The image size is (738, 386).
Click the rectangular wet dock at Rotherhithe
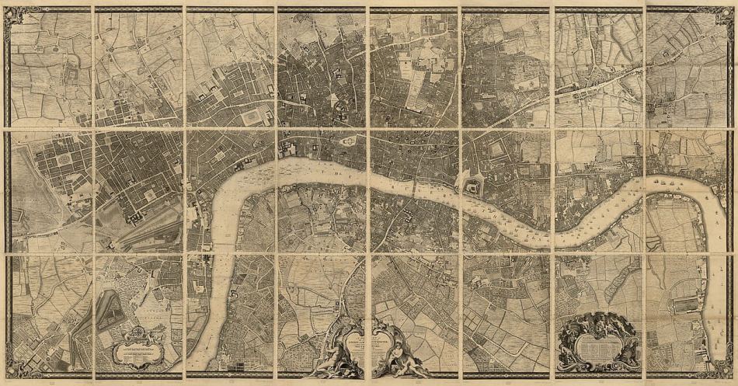(684, 305)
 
